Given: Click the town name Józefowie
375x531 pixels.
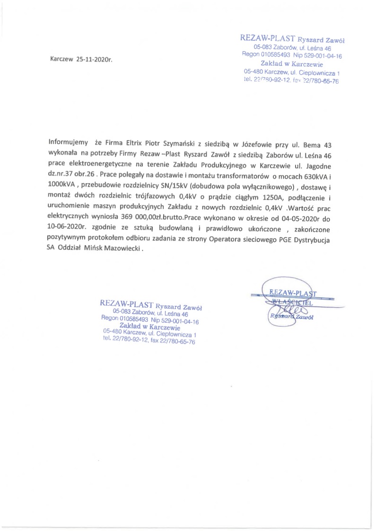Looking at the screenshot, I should click(254, 142).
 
